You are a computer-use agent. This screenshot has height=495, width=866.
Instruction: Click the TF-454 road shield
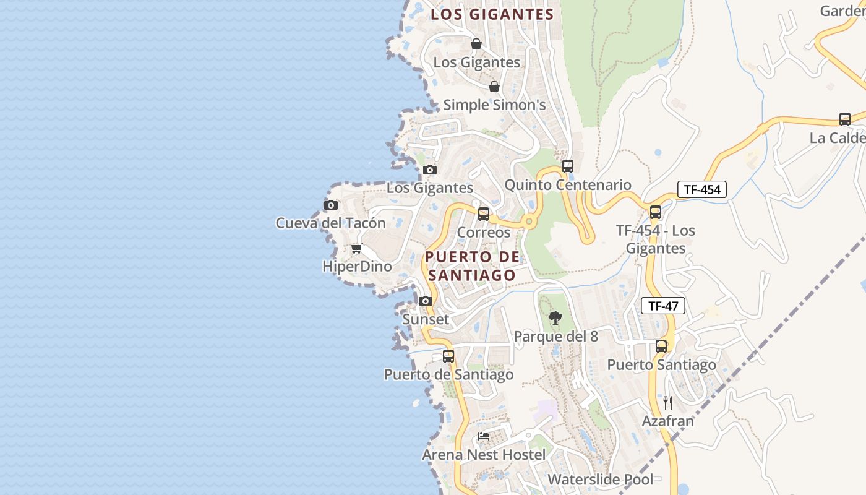(x=701, y=189)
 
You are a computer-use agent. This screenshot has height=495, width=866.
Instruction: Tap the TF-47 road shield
(x=662, y=306)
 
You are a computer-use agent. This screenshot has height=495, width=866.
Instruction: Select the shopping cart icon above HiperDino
(x=356, y=249)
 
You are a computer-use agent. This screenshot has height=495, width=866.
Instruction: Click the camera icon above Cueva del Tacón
(x=331, y=205)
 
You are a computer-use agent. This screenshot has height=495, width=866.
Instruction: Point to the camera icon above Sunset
(x=425, y=301)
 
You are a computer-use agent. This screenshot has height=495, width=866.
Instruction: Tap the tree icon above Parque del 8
(x=555, y=318)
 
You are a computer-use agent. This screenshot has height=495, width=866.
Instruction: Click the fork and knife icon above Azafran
(x=667, y=403)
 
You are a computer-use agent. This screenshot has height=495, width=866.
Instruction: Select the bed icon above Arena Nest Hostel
(x=484, y=436)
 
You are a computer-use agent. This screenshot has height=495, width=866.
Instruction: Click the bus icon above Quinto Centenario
(x=567, y=166)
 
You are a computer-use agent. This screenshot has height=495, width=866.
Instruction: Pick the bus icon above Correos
(x=484, y=214)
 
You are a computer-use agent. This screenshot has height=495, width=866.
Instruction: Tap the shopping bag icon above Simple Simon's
(x=494, y=87)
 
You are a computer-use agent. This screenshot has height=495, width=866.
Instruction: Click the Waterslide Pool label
(x=600, y=480)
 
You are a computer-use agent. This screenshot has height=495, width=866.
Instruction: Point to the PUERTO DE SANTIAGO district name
(x=472, y=266)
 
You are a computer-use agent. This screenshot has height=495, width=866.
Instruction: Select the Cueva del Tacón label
(x=330, y=223)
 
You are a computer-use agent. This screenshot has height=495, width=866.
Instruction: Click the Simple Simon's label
(x=494, y=105)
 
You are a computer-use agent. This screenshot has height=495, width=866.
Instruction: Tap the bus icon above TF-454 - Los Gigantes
(x=655, y=212)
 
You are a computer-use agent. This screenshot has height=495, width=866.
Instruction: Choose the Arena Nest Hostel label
(x=484, y=455)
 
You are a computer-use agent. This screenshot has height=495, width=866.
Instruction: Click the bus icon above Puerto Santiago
(x=661, y=346)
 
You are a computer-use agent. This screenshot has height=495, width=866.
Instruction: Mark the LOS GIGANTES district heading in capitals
(x=492, y=14)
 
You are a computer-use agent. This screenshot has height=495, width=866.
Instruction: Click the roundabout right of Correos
(x=528, y=221)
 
